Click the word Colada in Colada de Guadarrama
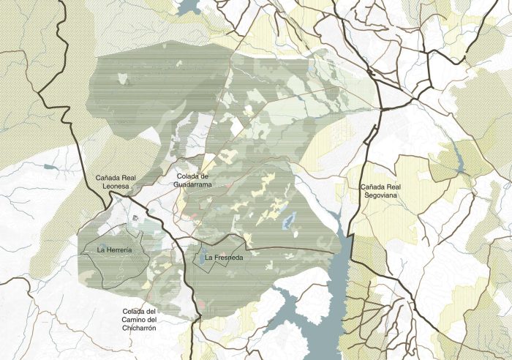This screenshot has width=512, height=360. (188, 176)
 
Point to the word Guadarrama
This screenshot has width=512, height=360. (193, 186)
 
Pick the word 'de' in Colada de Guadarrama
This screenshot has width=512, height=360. (206, 176)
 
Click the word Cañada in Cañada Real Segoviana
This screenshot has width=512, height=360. (373, 187)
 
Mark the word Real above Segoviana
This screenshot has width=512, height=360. (396, 187)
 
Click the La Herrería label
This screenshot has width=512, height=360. (114, 250)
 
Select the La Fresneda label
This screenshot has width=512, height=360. (223, 258)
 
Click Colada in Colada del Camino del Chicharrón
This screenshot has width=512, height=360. (135, 311)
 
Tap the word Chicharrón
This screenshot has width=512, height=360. (140, 329)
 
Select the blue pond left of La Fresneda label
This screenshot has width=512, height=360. (197, 258)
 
